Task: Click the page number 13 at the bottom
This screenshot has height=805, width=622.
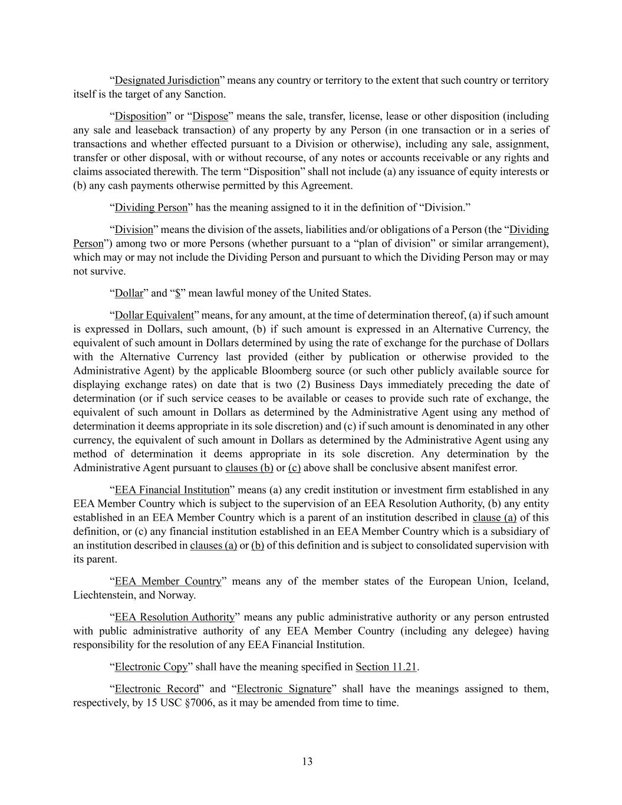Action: (x=307, y=761)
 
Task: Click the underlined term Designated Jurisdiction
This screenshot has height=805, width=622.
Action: (x=167, y=80)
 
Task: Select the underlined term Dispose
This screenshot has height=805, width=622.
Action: (x=210, y=116)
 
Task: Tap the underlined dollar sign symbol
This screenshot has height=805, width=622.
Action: (x=177, y=293)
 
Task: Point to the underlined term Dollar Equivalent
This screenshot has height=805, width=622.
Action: (x=154, y=315)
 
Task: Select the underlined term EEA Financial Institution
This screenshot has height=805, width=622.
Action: (x=172, y=489)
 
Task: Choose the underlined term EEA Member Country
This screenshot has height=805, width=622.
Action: (x=168, y=581)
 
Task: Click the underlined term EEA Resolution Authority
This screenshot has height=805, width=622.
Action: (x=175, y=617)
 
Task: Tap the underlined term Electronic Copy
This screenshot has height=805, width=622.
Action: (x=151, y=667)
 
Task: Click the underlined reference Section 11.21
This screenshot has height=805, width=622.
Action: (x=386, y=667)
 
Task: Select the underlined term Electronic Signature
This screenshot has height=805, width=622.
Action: (x=284, y=689)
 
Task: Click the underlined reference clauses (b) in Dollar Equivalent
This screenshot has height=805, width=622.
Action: (x=249, y=468)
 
